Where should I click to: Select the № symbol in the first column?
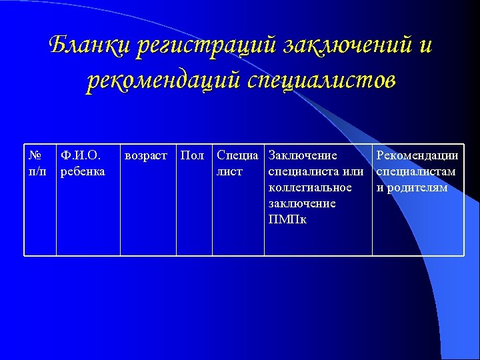(35, 156)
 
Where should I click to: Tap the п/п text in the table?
(37, 172)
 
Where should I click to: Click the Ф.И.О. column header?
(80, 156)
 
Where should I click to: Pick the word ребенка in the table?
(83, 172)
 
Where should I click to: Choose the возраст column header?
(146, 156)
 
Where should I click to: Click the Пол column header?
(193, 156)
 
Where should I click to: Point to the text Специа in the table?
(237, 156)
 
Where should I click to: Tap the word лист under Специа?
(229, 172)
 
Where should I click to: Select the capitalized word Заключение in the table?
(302, 156)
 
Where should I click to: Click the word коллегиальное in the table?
(309, 188)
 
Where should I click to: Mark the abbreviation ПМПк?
(287, 220)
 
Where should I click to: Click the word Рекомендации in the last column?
(417, 156)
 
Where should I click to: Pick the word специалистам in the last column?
(416, 172)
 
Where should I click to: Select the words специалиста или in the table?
(315, 172)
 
